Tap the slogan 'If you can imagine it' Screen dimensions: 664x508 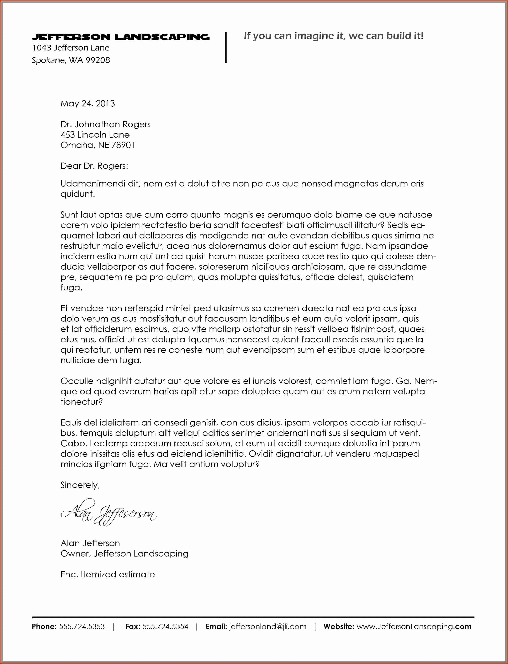pyautogui.click(x=333, y=36)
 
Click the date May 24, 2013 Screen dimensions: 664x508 pyautogui.click(x=88, y=103)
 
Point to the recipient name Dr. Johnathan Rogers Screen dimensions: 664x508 pyautogui.click(x=106, y=124)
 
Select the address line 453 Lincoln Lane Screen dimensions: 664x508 pyautogui.click(x=95, y=135)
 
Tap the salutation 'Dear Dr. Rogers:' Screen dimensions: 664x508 pyautogui.click(x=94, y=166)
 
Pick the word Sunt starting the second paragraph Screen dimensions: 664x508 pyautogui.click(x=69, y=215)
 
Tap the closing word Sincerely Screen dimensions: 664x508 pyautogui.click(x=80, y=485)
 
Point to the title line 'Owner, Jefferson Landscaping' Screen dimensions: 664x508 pyautogui.click(x=124, y=554)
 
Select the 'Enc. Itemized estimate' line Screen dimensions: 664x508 pyautogui.click(x=108, y=574)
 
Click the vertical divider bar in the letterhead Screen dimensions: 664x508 pyautogui.click(x=226, y=47)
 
